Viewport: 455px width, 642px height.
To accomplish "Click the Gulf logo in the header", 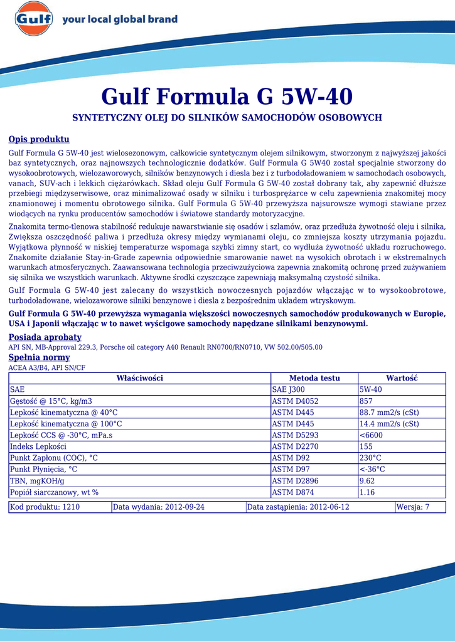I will tap(34, 19).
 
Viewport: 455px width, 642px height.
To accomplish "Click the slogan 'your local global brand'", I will tap(120, 19).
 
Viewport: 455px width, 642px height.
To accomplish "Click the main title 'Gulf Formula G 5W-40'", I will tap(227, 97).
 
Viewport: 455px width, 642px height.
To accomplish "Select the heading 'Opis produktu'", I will tap(39, 139).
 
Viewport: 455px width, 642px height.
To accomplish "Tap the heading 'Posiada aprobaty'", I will tap(45, 337).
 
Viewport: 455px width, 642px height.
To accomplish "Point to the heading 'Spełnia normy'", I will tap(39, 357).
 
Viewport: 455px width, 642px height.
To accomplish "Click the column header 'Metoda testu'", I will tap(314, 378).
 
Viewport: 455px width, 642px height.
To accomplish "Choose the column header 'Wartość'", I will tap(402, 378).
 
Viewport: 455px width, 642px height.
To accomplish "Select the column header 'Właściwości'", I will tap(139, 378).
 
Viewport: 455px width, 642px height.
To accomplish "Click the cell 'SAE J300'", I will tap(289, 389).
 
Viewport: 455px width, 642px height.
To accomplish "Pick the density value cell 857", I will tap(366, 401).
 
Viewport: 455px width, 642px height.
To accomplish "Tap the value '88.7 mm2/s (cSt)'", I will tap(389, 412).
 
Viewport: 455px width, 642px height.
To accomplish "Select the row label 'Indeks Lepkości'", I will tap(38, 446).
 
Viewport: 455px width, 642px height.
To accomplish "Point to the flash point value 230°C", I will tap(370, 458).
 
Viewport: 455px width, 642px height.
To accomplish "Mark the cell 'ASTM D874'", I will tap(292, 492).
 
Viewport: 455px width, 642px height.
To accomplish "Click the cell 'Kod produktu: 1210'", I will tap(45, 507).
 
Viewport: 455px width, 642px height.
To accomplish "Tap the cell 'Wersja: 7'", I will tap(413, 507).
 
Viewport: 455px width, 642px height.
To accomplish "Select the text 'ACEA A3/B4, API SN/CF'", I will tap(47, 367).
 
